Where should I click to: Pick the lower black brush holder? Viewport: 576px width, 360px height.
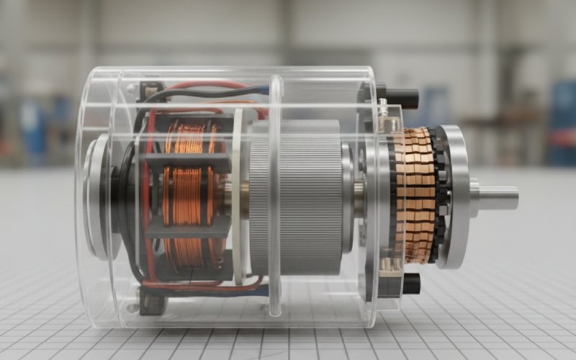coord(408,283)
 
